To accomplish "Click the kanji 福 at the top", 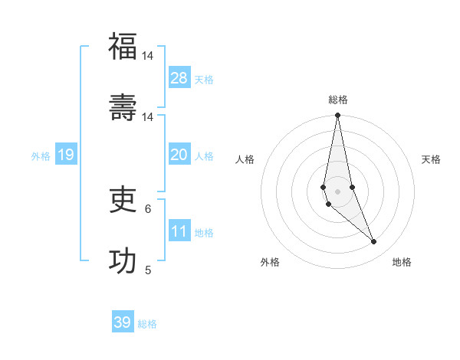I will [x=123, y=47].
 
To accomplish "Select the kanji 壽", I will [x=123, y=108].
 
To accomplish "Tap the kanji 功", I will [x=123, y=261].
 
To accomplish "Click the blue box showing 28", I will [x=179, y=78].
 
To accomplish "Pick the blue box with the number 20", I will [x=179, y=155].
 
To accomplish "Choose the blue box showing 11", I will [x=179, y=231].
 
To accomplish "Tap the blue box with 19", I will [x=66, y=155].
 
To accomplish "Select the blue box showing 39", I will [x=123, y=322].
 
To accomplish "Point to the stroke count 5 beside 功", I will [x=148, y=270].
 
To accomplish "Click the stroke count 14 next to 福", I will [x=147, y=56].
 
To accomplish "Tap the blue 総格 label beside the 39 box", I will [x=147, y=324].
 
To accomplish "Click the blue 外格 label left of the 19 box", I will [x=41, y=156].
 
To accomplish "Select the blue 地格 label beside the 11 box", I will [x=204, y=233].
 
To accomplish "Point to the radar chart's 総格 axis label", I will [x=338, y=100].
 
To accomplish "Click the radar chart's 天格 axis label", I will [x=431, y=159].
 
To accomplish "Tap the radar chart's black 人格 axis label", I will [x=245, y=159].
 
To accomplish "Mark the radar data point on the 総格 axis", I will [x=337, y=116].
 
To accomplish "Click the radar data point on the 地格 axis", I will [x=374, y=242].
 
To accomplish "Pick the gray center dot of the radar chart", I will [x=337, y=191].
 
